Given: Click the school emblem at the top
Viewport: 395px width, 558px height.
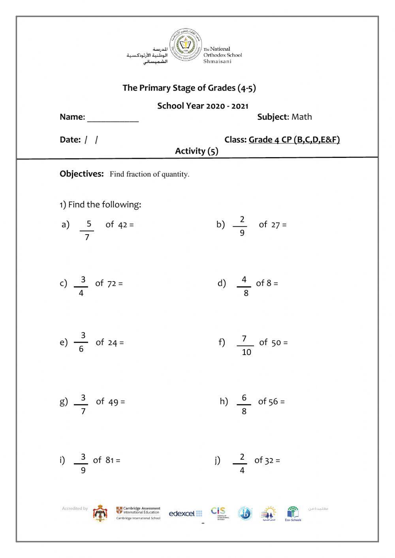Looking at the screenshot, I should [185, 45].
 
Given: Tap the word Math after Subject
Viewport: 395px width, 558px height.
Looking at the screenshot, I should [301, 117].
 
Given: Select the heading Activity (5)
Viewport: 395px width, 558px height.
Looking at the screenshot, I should [196, 151].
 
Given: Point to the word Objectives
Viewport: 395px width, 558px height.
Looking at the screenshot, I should [81, 174].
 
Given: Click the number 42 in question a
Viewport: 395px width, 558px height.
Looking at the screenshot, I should [122, 225].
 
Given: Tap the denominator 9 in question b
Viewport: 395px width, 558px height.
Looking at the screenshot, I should [242, 233].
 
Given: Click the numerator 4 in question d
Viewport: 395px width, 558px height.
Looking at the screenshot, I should [244, 280].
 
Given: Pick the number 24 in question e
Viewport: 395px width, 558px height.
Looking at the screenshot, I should [113, 343].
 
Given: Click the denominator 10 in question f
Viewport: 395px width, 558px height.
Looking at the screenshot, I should [246, 352].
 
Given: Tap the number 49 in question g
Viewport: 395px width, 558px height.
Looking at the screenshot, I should [113, 402].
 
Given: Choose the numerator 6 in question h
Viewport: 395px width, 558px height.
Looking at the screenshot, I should [244, 398].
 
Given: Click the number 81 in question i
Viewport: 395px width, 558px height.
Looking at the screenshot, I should [110, 460].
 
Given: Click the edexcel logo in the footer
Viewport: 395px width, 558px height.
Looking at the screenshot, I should [185, 513].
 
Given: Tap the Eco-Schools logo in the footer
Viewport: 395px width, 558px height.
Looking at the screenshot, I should [293, 514].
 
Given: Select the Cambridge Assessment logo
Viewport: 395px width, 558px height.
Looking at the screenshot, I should [138, 513].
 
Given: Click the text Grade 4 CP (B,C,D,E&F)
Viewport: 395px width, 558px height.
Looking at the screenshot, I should [294, 139].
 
